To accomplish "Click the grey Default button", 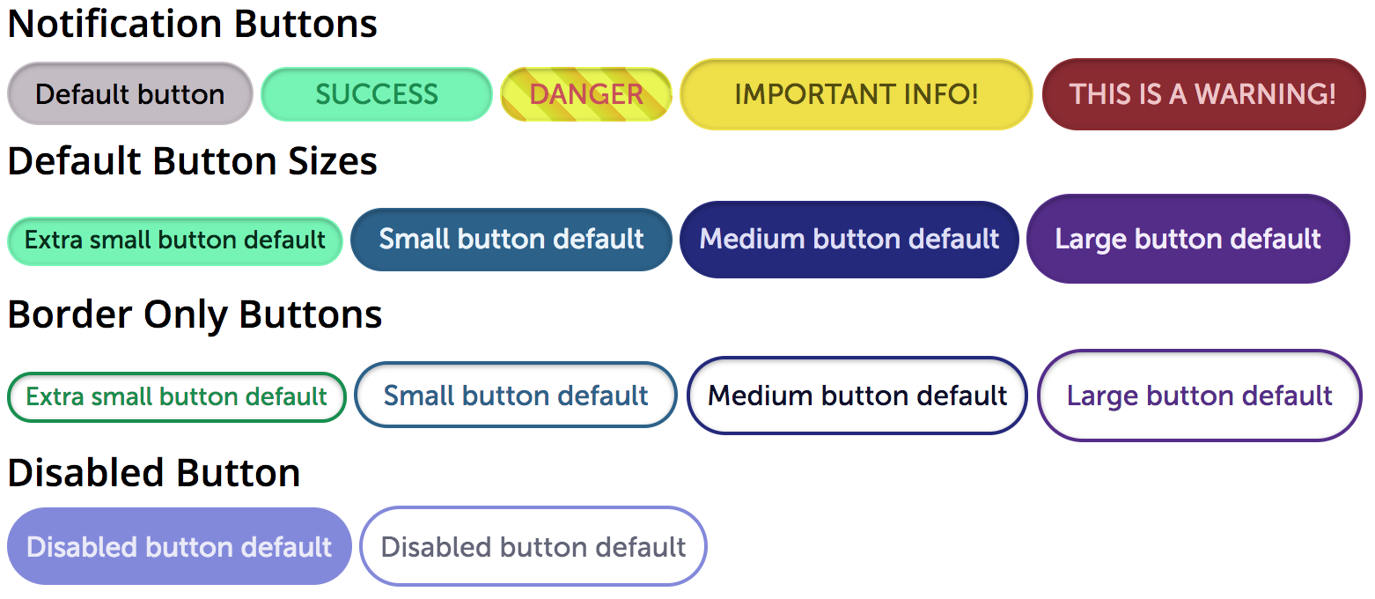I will [130, 94].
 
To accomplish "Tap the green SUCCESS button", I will [377, 94].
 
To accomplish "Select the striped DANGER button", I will [586, 94].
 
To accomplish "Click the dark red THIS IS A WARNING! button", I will [1203, 94].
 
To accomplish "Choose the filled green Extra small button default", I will [175, 240].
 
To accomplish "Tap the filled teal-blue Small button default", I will [511, 240].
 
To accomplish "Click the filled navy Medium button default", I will [849, 240].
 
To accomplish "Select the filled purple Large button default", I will [1188, 240].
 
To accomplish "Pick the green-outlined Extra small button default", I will [177, 397].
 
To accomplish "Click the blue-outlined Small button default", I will [516, 396].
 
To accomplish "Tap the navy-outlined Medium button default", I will [857, 396].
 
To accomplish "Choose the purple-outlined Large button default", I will [1200, 396].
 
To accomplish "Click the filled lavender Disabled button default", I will [180, 547].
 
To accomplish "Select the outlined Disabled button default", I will [533, 547].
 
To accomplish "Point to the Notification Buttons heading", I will [193, 24].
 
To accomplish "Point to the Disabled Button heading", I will [154, 473].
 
